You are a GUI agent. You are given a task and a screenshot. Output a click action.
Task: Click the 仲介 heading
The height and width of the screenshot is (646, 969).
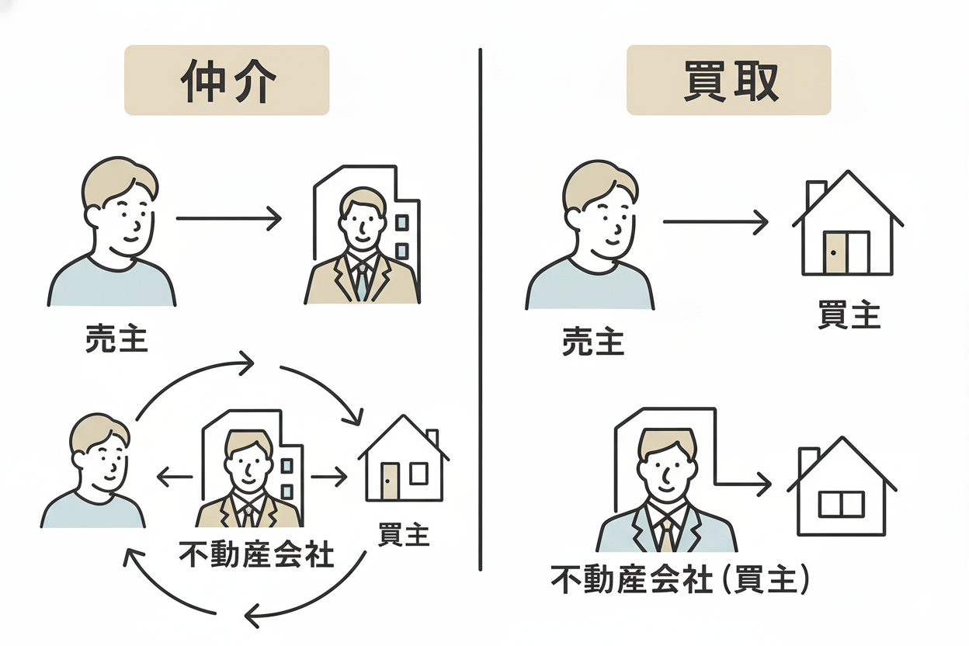tap(227, 80)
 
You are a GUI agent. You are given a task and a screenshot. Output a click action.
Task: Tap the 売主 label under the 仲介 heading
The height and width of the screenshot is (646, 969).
tap(116, 339)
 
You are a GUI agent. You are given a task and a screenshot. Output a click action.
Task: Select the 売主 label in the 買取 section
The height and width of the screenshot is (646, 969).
tap(593, 342)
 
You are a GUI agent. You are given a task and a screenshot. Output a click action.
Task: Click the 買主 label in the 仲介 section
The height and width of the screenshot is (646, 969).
tap(404, 535)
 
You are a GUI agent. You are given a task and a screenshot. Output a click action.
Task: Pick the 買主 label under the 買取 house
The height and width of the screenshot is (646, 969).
tap(849, 316)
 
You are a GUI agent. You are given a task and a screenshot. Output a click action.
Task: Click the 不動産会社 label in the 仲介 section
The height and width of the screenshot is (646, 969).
tap(256, 554)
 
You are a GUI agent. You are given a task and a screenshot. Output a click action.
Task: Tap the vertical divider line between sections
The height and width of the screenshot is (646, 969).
tap(481, 311)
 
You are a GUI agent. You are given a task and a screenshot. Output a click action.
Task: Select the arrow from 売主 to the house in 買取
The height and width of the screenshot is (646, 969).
tap(714, 223)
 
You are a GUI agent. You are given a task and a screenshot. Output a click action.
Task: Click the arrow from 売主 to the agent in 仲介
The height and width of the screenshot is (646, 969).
tap(228, 219)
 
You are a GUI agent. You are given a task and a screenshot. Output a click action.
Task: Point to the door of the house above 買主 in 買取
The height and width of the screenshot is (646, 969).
tap(835, 252)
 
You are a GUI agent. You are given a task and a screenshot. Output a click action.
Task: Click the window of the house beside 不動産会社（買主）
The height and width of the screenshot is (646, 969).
tap(841, 504)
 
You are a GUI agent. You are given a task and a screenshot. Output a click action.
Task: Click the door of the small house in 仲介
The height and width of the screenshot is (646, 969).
tap(390, 481)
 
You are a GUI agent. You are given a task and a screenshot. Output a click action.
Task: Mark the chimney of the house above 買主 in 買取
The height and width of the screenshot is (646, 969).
tap(816, 193)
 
